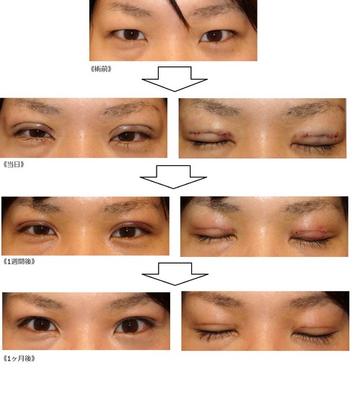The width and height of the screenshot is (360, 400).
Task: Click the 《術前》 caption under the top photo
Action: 101,69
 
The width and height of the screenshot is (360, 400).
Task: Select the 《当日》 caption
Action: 14,165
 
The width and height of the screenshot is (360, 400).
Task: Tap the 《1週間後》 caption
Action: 19,261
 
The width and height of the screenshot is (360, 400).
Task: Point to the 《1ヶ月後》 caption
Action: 19,359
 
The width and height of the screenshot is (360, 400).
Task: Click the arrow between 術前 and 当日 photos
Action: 175,79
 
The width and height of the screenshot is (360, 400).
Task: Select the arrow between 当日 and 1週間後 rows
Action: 173,177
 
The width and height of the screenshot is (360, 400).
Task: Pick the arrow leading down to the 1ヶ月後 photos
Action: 175,274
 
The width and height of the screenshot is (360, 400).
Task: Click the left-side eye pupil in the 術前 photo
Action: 131,35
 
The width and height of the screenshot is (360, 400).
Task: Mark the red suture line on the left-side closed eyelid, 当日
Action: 208,134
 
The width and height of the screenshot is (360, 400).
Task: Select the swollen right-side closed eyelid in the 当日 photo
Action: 316,139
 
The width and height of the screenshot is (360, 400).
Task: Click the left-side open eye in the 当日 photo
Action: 35,133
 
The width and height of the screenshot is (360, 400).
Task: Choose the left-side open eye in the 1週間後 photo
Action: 38,229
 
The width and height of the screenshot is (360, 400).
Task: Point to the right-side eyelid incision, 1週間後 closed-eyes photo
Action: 310,231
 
